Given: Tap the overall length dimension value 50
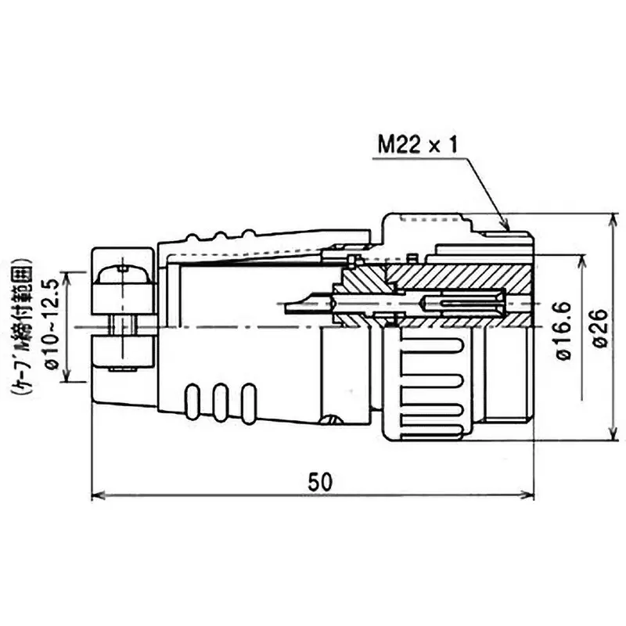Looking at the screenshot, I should point(316,481).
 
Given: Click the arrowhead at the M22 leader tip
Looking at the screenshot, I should point(506,226).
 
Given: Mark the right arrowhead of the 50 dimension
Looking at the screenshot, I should point(530,496).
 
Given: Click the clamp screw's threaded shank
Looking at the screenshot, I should point(122,324).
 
